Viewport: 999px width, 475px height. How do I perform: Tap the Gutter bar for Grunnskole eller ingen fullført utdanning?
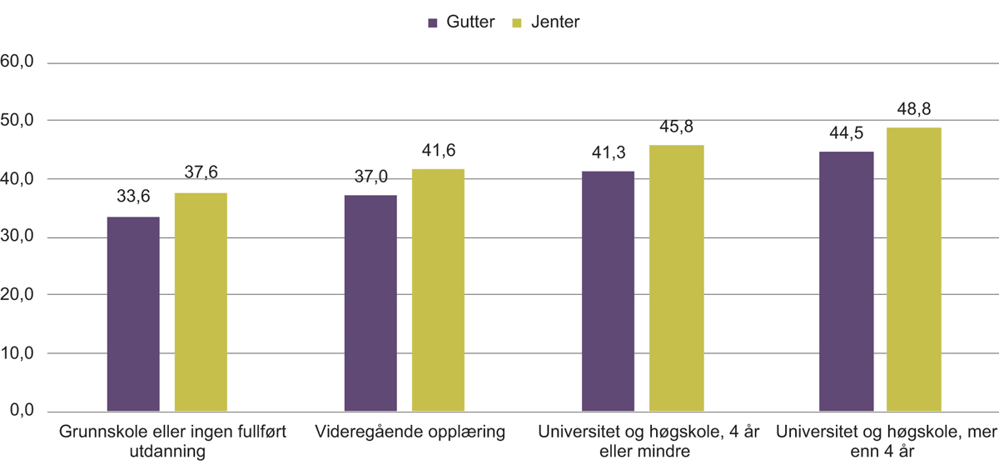pos(133,314)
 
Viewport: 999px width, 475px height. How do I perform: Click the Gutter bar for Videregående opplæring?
pos(370,303)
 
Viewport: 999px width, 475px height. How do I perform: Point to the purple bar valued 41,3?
pos(608,291)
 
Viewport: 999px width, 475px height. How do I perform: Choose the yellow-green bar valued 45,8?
pos(676,278)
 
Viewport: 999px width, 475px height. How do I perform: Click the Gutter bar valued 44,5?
pos(846,282)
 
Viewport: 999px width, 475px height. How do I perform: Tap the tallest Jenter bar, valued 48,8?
pos(913,269)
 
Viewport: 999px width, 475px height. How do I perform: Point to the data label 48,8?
pos(913,110)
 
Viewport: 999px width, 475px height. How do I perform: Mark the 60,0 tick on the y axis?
pos(17,62)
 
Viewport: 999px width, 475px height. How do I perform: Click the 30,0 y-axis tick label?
pos(17,237)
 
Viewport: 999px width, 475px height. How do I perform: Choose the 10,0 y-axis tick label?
pos(17,352)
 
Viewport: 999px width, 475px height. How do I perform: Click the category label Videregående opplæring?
pos(410,432)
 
